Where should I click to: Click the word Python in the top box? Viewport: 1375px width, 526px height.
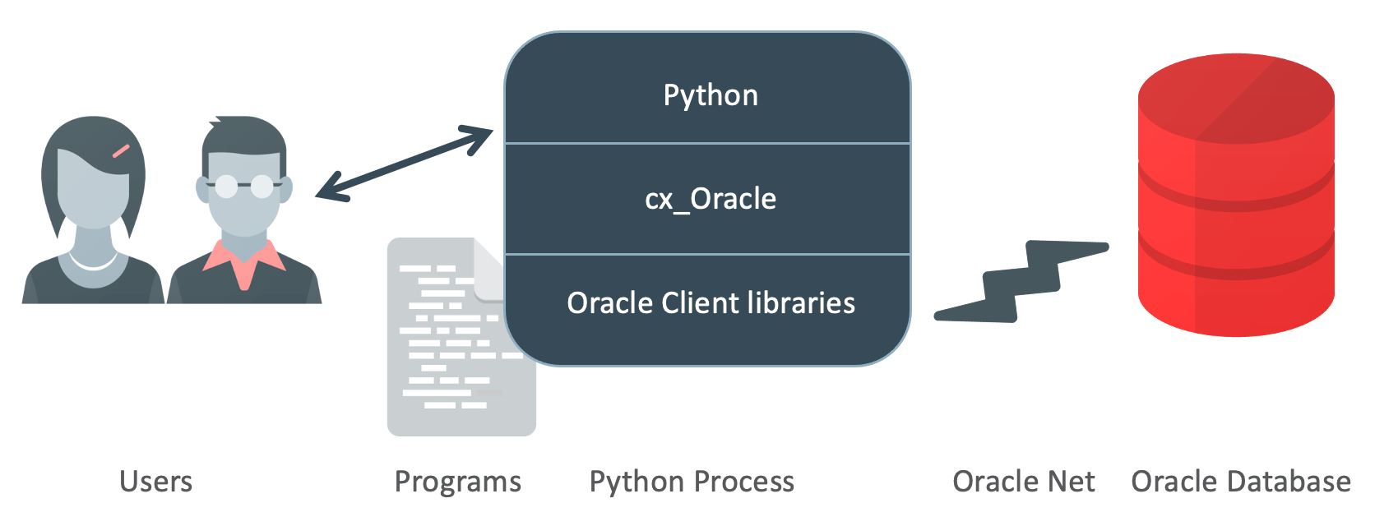[711, 95]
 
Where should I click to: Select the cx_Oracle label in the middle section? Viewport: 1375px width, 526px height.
[711, 199]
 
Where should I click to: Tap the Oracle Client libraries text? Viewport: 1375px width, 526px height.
[711, 303]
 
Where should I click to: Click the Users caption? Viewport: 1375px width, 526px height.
[155, 482]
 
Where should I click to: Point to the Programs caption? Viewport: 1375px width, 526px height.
[457, 482]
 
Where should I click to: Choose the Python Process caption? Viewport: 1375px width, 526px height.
[692, 482]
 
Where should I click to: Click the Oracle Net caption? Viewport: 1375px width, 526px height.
[1023, 482]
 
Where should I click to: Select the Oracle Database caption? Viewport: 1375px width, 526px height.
[1240, 482]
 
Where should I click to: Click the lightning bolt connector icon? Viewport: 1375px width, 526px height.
[1022, 281]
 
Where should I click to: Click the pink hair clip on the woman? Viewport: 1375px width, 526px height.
[121, 150]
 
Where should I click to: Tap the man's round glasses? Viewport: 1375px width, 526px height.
[243, 187]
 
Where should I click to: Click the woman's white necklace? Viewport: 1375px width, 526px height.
[93, 263]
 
